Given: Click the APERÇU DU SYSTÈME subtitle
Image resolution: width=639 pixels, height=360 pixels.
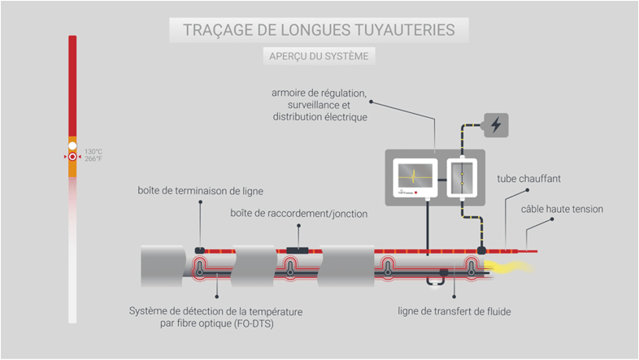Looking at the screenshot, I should coord(319,56).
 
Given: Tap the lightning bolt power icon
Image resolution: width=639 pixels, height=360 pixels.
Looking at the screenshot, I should coord(496,125).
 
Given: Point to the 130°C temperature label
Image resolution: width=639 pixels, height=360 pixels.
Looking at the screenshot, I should coord(93,151).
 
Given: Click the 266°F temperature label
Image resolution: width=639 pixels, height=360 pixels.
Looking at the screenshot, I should coord(93,158).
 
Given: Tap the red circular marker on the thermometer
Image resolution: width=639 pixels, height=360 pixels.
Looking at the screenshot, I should coord(72,156).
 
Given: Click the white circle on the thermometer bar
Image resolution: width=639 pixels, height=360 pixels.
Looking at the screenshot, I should coord(72,145).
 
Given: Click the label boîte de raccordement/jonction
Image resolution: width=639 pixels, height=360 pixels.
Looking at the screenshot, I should coord(298,214).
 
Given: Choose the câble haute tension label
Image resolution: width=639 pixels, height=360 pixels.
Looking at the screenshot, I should coord(563,209).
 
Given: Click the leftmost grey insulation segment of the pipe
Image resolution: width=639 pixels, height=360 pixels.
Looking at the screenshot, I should coord(163,265).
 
